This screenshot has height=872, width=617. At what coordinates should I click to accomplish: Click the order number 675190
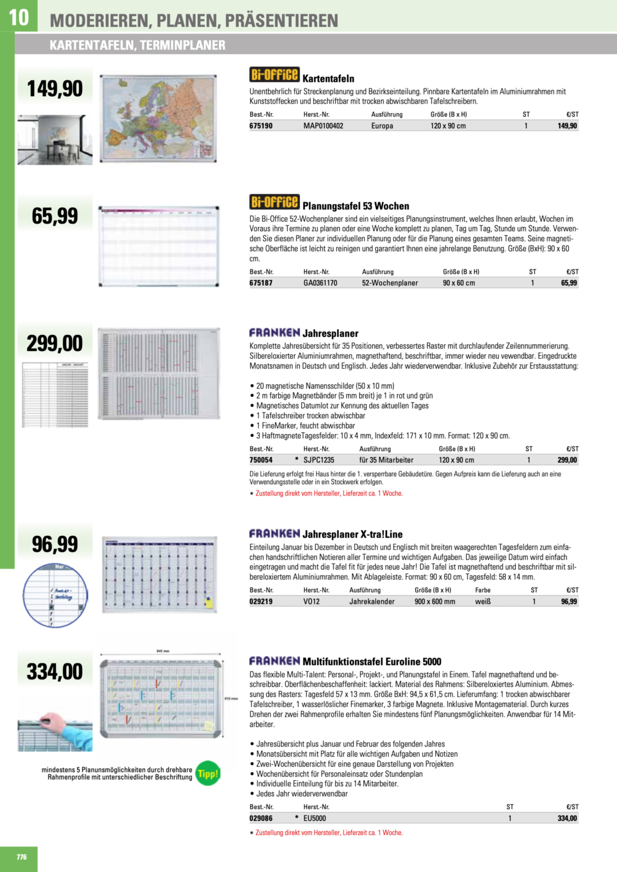click(261, 126)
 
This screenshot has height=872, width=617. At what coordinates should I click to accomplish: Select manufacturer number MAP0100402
click(323, 126)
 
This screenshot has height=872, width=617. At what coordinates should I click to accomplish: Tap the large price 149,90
click(55, 89)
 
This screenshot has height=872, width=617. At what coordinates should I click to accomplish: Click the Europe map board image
click(158, 118)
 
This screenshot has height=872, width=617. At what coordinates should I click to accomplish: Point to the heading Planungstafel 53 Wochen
click(355, 206)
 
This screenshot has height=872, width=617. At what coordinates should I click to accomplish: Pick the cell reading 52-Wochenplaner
click(390, 283)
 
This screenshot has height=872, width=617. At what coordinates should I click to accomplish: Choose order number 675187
click(261, 283)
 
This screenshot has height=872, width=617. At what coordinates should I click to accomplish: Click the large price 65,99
click(55, 216)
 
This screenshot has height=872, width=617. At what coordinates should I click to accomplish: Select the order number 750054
click(261, 460)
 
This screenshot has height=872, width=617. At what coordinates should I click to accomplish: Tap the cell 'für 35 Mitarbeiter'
click(386, 460)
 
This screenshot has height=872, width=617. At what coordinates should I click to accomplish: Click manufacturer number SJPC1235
click(319, 460)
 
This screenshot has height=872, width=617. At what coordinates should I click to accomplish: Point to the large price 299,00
click(55, 343)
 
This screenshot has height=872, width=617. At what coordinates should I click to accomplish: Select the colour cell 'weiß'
click(483, 602)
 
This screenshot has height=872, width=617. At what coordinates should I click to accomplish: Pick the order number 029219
click(261, 602)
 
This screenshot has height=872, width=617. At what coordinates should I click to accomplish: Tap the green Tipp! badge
click(208, 773)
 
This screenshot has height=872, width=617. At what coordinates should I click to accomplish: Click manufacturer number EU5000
click(314, 818)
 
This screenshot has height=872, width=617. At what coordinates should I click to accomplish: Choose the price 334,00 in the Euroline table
click(567, 818)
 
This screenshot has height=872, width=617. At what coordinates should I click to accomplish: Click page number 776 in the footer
click(22, 857)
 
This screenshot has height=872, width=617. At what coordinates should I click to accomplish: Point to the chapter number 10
click(18, 17)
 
